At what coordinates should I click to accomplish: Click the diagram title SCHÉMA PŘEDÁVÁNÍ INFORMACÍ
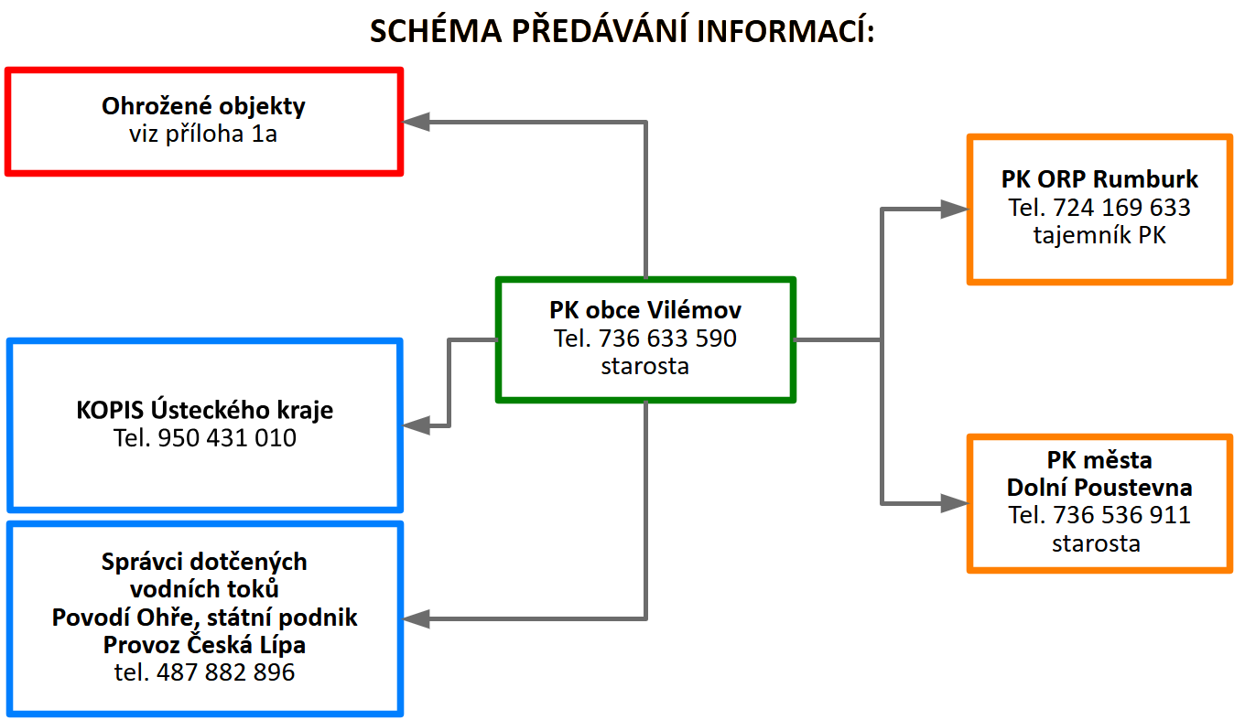622,31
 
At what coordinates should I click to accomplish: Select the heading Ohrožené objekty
203,106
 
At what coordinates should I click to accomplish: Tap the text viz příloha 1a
203,134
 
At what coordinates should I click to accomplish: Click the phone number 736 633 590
667,339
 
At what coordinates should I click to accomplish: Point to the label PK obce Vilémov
645,309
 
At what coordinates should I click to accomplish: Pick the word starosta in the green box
645,367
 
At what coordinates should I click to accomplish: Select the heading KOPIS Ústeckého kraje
205,410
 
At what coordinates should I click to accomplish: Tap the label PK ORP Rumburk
1099,179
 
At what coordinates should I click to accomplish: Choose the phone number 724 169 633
1122,208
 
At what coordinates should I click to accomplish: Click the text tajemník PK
1099,236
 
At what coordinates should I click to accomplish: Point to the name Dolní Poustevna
1099,487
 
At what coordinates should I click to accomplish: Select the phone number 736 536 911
1122,515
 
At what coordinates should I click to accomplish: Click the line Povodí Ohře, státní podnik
205,618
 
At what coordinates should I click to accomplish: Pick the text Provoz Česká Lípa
205,645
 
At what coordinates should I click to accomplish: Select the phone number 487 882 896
226,673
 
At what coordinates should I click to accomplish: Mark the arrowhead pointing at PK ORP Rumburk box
955,210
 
